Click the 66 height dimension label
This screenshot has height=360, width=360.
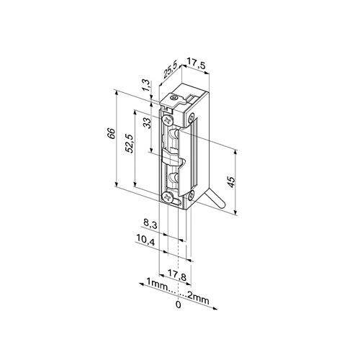(x=112, y=133)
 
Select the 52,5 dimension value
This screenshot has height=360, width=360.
(x=130, y=143)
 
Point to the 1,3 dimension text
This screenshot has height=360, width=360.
(x=147, y=85)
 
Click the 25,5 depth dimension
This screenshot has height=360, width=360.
(x=171, y=70)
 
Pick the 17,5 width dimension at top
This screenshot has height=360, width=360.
(x=196, y=63)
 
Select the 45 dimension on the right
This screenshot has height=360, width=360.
(x=231, y=181)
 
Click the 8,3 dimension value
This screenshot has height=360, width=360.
(x=150, y=224)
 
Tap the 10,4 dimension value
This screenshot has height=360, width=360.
(x=145, y=239)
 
